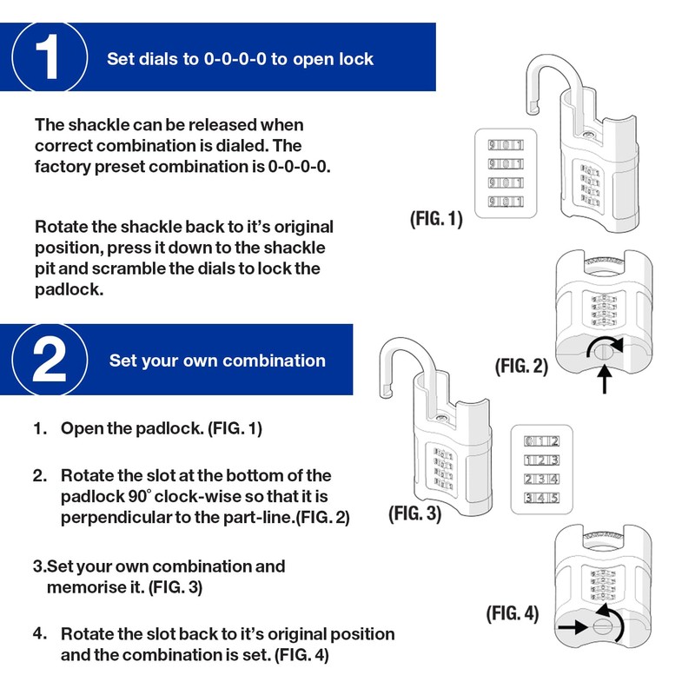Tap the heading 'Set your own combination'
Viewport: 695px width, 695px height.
pyautogui.click(x=217, y=361)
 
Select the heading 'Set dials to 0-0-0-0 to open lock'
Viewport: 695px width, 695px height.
pyautogui.click(x=240, y=59)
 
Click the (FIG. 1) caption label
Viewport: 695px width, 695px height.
pyautogui.click(x=436, y=219)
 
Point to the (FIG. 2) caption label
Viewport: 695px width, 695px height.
pyautogui.click(x=521, y=366)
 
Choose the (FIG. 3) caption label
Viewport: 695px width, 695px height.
pyautogui.click(x=414, y=513)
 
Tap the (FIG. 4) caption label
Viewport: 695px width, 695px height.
pyautogui.click(x=512, y=613)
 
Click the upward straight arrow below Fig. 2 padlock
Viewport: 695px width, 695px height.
pyautogui.click(x=604, y=380)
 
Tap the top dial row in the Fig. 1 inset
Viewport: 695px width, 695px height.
pyautogui.click(x=505, y=145)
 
